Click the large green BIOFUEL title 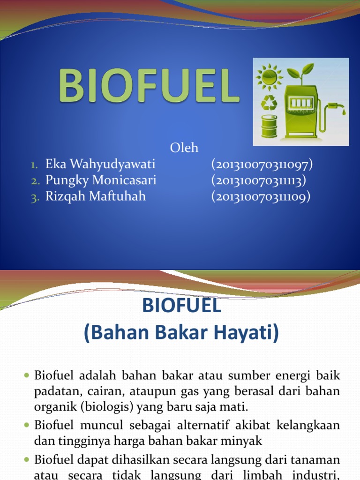(x=149, y=85)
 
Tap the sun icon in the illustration (x=270, y=76)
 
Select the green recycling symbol (x=269, y=103)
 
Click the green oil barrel (x=270, y=126)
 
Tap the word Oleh (x=184, y=148)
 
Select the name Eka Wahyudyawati (x=100, y=164)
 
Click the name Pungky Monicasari (x=101, y=180)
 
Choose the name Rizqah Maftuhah (x=96, y=196)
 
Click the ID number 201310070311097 (x=262, y=164)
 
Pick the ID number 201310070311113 (x=259, y=180)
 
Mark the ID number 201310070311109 (x=261, y=196)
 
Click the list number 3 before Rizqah (x=35, y=197)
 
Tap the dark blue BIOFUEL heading (x=181, y=305)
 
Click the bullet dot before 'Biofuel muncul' (x=27, y=425)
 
